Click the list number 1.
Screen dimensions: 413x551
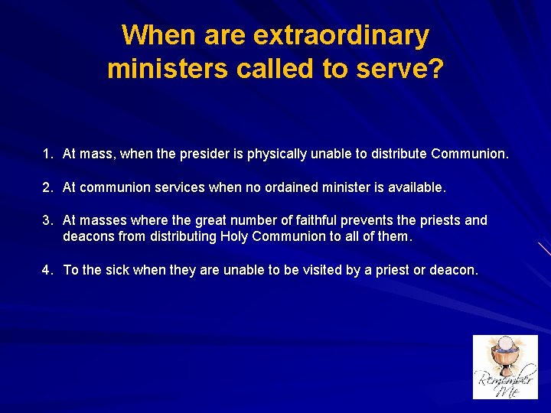(47, 154)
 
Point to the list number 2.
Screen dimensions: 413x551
(47, 187)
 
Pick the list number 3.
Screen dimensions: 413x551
(47, 220)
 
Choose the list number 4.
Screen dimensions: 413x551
(47, 269)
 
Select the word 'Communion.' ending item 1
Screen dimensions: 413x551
(469, 154)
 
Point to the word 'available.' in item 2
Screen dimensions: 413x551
(416, 187)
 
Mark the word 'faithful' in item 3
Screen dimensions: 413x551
(329, 220)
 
